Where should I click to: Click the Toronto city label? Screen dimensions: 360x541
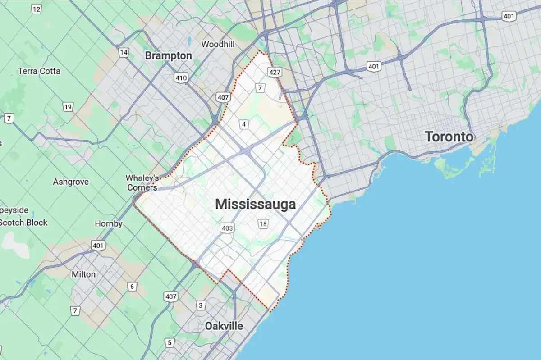coord(449,137)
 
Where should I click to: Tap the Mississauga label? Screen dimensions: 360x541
coord(256,204)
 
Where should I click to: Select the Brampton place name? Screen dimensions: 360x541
coord(168,56)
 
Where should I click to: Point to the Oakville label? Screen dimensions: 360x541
coord(224,326)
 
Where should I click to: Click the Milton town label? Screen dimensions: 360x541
coord(84,274)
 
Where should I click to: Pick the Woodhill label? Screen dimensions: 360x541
coord(219,44)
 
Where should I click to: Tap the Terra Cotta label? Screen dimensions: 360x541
coord(39,71)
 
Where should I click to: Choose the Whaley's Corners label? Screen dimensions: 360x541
coord(142,182)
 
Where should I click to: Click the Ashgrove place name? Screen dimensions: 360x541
coord(71,182)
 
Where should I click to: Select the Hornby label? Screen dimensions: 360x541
coord(109,223)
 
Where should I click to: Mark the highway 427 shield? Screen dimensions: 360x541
coord(275,72)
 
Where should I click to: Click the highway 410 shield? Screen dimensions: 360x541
coord(181,78)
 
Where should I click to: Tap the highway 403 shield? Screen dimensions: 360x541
coord(227,228)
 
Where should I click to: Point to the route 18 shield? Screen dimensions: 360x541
coord(263,223)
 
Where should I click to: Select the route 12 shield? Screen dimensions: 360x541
coord(37,9)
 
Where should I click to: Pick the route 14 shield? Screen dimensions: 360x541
coord(124,53)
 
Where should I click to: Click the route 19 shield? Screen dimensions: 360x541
coord(68,107)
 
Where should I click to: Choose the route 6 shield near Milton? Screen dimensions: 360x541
coord(132,286)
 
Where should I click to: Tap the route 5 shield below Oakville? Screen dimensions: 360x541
coord(170,343)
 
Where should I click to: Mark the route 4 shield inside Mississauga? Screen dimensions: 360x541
coord(243,124)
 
